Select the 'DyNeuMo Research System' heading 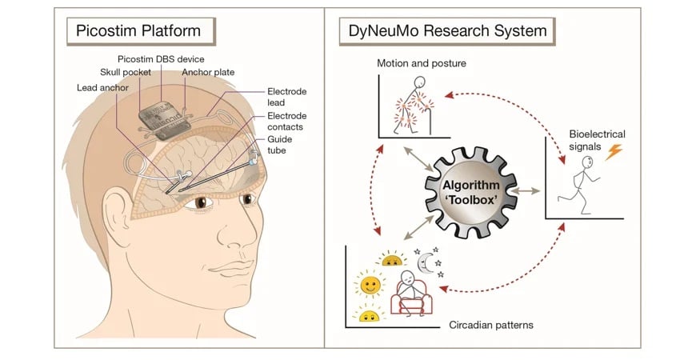[447, 31]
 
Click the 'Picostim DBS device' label [161, 60]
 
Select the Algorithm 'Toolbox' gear [469, 193]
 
